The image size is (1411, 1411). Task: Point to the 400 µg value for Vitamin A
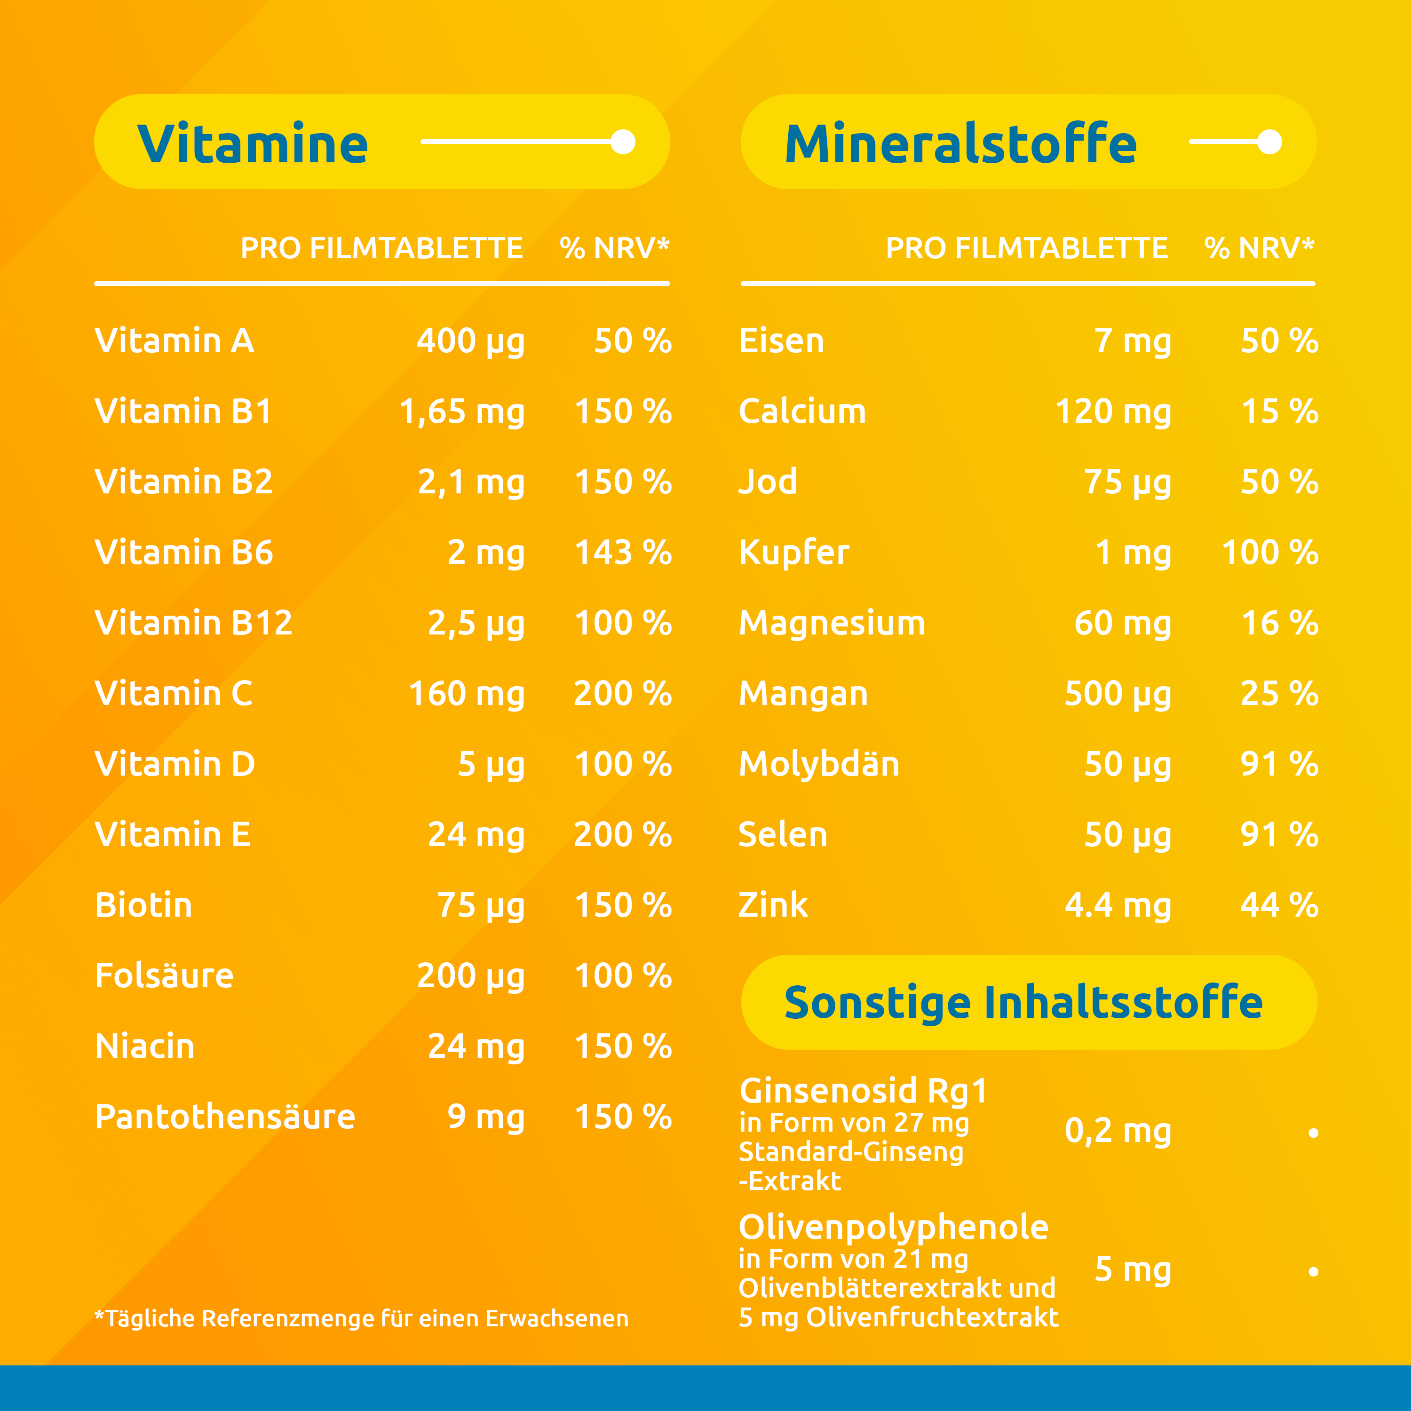[470, 341]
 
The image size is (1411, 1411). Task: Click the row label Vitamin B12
[193, 623]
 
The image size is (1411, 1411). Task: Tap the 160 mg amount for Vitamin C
[466, 694]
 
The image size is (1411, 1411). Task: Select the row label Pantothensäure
[225, 1117]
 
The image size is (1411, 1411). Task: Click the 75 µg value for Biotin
[481, 905]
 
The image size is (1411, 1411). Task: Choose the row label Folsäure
[164, 976]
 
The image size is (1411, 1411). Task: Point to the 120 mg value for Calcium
[1113, 412]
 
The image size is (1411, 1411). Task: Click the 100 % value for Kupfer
[1269, 553]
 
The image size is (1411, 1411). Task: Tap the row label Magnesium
[832, 623]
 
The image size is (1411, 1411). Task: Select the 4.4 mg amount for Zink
[1118, 905]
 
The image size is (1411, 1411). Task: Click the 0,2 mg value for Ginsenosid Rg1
[1118, 1131]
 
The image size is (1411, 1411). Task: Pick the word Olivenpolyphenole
[893, 1227]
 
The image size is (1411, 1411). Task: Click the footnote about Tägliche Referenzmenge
[362, 1318]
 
